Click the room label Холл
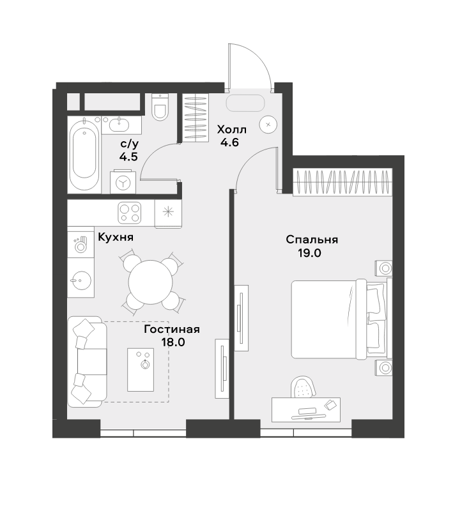[232, 130]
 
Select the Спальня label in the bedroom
[312, 240]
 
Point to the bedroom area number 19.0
[309, 253]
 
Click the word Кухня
[116, 238]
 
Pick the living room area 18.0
[173, 342]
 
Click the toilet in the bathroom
[160, 107]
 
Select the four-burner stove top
[130, 213]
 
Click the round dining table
[151, 281]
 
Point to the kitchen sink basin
[81, 280]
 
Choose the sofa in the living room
[87, 362]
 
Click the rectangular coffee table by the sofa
[141, 370]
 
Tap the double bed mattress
[324, 319]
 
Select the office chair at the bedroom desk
[304, 387]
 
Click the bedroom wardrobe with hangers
[343, 181]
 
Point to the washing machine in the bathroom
[123, 182]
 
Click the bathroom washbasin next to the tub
[119, 125]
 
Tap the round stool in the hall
[268, 125]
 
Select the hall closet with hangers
[196, 117]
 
